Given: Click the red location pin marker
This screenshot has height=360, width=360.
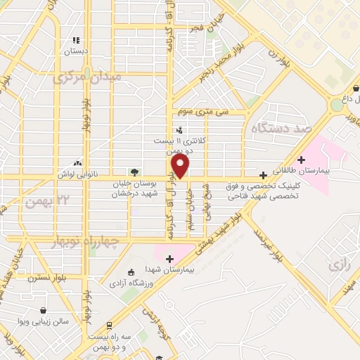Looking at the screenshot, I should click(x=181, y=167).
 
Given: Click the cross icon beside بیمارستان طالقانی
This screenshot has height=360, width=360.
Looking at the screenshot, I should click(x=302, y=160).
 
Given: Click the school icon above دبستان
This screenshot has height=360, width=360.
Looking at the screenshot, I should click(x=76, y=41).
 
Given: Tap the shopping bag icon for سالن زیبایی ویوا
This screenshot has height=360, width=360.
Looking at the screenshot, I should click(x=44, y=310).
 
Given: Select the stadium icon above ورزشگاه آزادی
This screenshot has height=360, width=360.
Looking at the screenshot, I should click(x=130, y=273).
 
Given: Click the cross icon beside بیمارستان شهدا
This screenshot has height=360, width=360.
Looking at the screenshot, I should click(x=169, y=259).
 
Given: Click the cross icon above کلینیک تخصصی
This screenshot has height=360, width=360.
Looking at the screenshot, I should click(x=263, y=175).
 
